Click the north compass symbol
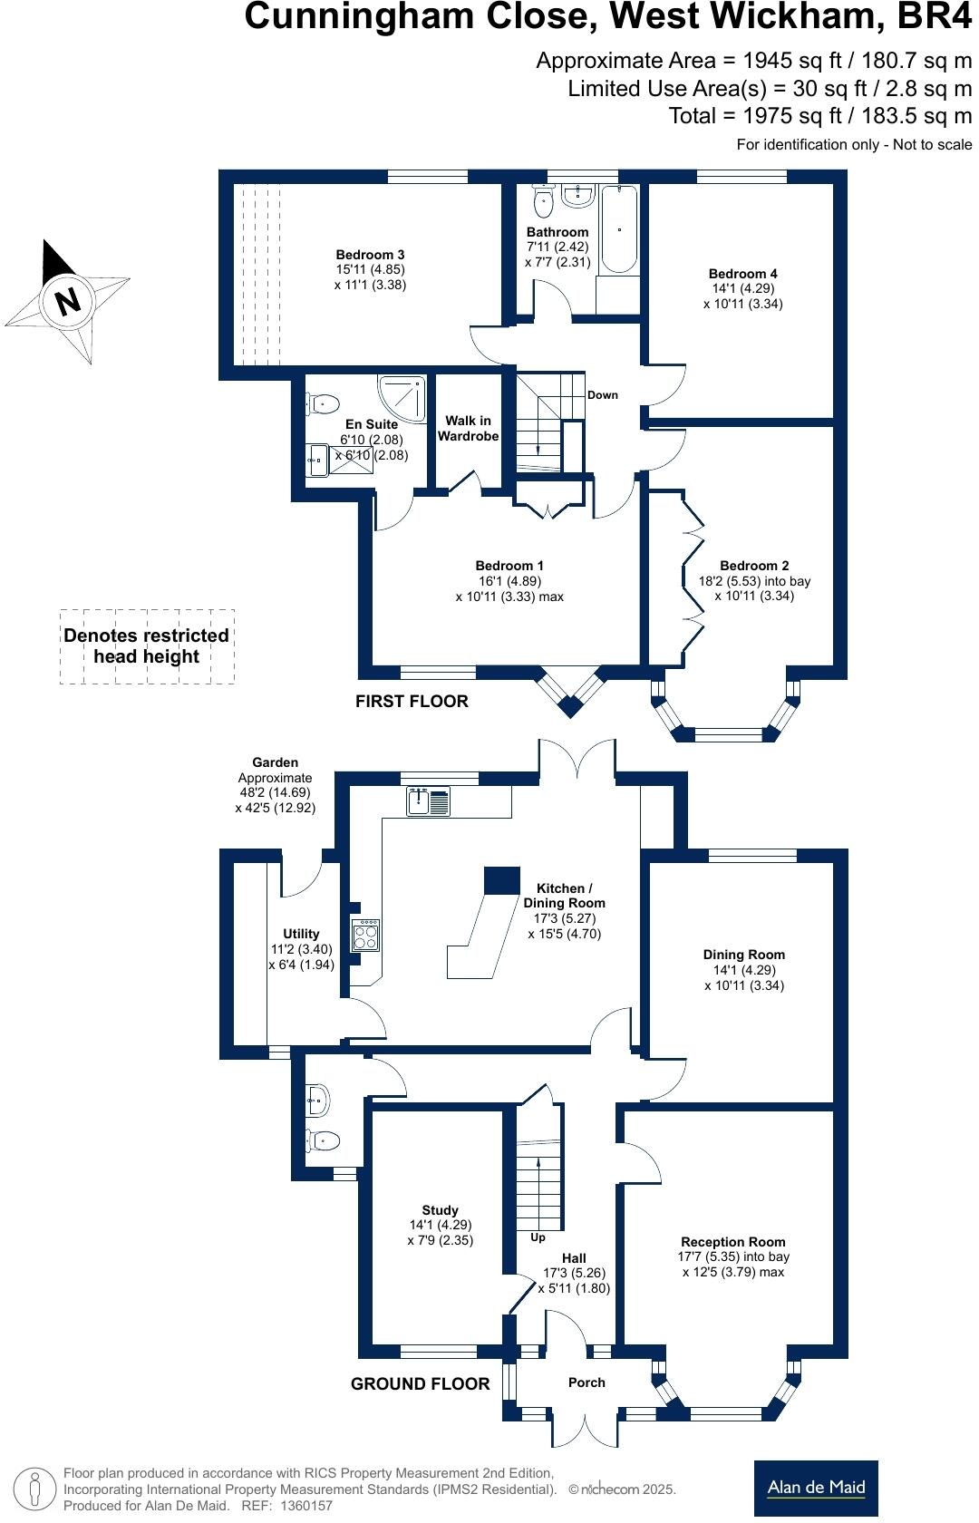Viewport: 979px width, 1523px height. (67, 300)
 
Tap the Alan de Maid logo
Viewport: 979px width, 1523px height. (816, 1487)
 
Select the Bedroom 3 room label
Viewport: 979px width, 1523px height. (370, 255)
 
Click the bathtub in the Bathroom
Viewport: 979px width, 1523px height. (619, 228)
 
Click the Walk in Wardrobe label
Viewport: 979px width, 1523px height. (468, 428)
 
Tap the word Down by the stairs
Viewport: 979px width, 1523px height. (603, 394)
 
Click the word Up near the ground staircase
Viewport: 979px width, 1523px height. (538, 1237)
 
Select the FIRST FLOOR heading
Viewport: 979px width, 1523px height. (412, 701)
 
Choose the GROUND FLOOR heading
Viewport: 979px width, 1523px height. (420, 1383)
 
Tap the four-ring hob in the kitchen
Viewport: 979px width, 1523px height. (365, 935)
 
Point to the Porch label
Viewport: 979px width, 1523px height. (586, 1382)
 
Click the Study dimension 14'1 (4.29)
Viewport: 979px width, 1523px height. (441, 1225)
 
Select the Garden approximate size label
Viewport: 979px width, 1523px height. (276, 785)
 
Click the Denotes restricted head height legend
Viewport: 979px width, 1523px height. (146, 645)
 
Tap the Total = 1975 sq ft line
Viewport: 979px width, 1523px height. (819, 116)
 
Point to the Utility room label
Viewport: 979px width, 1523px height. (301, 934)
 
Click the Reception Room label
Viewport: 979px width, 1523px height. (732, 1242)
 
